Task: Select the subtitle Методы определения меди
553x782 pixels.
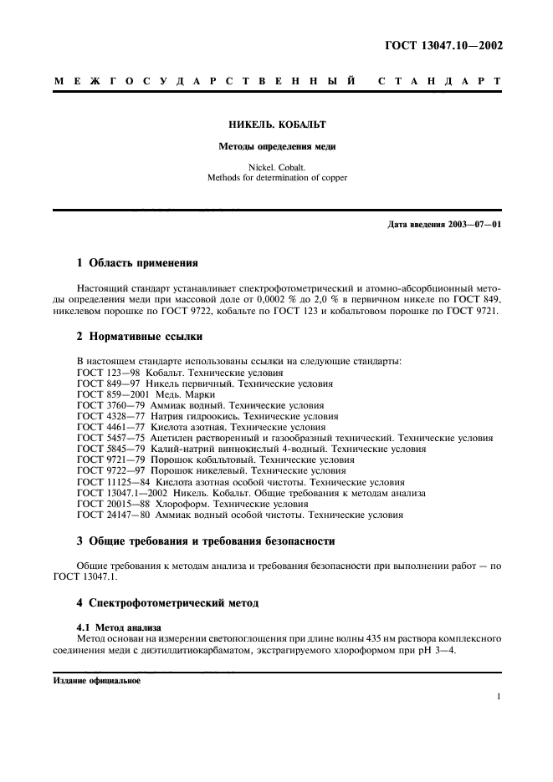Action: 277,146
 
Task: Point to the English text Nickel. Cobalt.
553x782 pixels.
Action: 277,166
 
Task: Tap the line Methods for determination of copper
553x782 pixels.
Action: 277,177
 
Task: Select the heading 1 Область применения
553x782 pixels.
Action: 137,262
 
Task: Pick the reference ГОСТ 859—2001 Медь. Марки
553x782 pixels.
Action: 146,394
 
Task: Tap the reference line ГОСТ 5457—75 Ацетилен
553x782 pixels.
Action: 284,438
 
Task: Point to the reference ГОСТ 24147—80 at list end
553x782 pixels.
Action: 239,515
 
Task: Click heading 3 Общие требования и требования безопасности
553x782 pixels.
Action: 206,541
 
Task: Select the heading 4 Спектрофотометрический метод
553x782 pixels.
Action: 168,602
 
